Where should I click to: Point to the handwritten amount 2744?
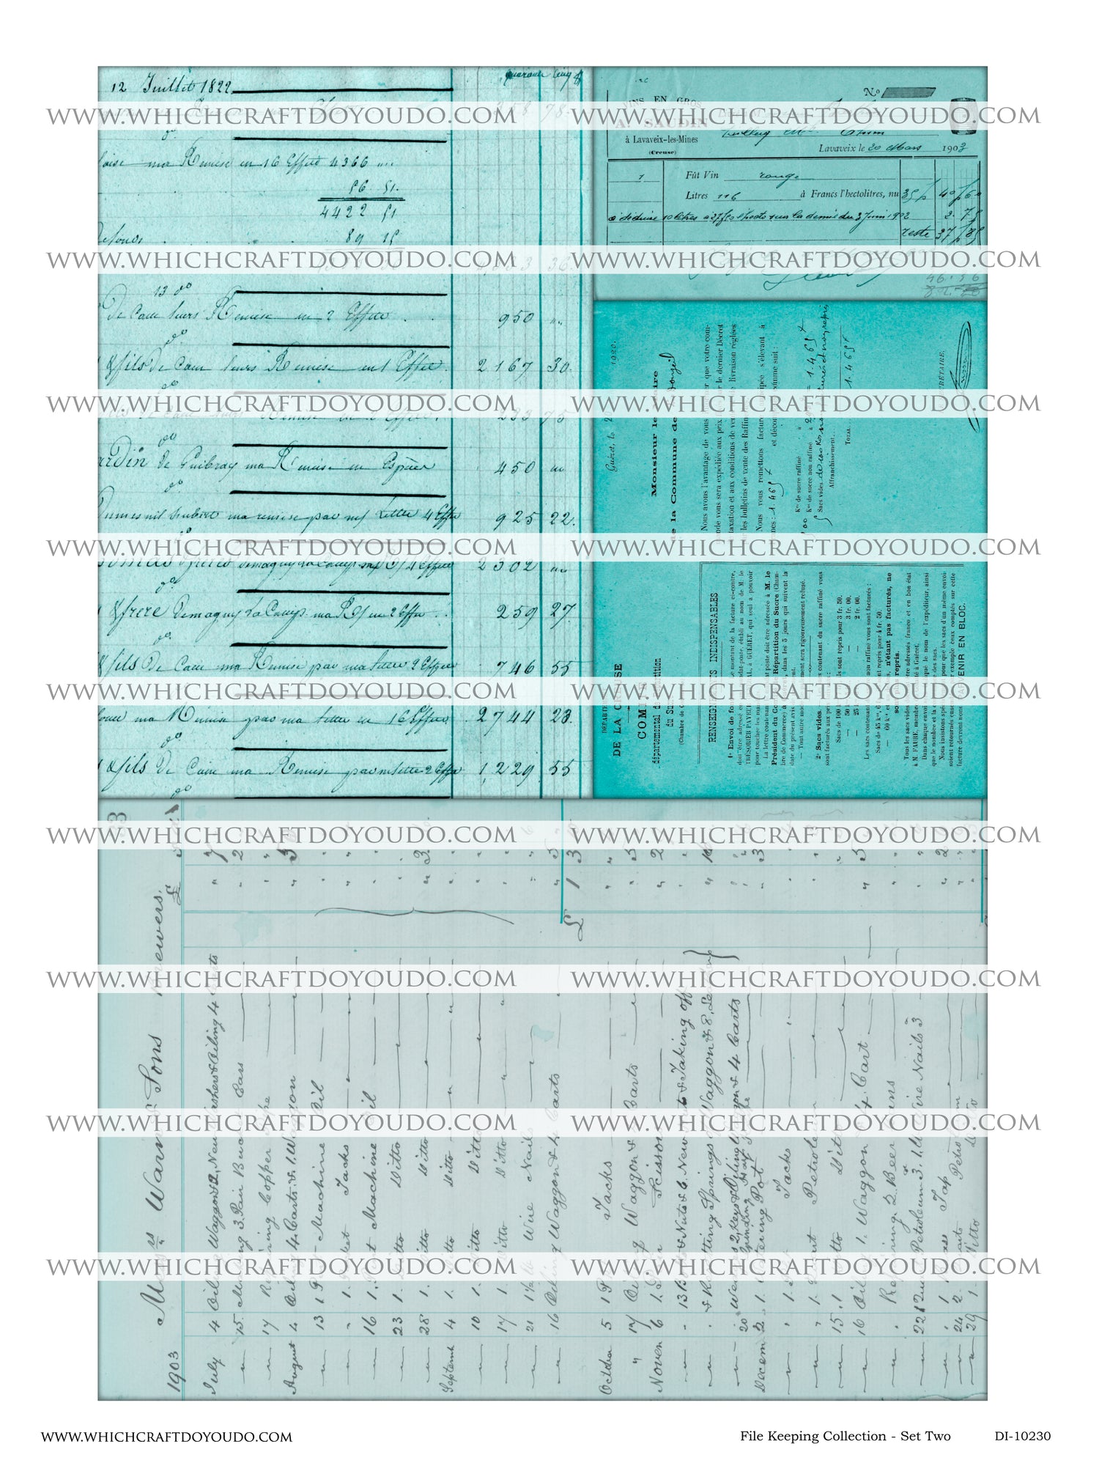click(506, 717)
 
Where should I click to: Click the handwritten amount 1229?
click(506, 770)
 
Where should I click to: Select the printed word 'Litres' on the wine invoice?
click(697, 196)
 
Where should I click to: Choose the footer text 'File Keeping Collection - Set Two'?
click(845, 1436)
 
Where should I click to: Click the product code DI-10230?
click(1022, 1436)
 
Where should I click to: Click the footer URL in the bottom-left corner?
click(166, 1437)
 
